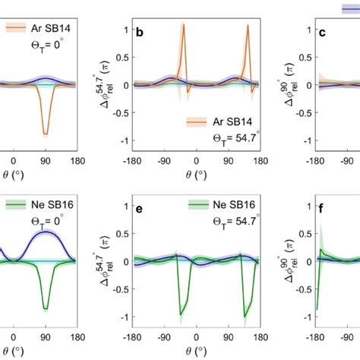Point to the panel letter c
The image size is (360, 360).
(x=321, y=33)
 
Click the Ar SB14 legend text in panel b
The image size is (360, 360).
(x=229, y=121)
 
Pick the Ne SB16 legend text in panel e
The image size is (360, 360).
(x=228, y=205)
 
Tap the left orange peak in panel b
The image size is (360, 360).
(x=182, y=25)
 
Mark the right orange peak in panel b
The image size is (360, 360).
(x=248, y=25)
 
